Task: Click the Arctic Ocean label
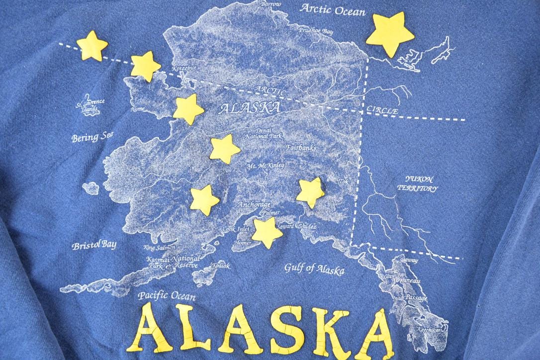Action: (333, 9)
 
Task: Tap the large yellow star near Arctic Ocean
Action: (391, 33)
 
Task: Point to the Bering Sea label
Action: (92, 136)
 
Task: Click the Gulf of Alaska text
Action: (314, 269)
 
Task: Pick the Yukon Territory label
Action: (421, 183)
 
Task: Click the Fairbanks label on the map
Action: (301, 148)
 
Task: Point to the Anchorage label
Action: (254, 205)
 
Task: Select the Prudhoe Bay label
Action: (316, 31)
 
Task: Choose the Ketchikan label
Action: (429, 330)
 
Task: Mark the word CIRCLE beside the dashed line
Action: (382, 111)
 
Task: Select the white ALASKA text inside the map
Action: (249, 107)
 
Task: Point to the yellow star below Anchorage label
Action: (267, 232)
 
